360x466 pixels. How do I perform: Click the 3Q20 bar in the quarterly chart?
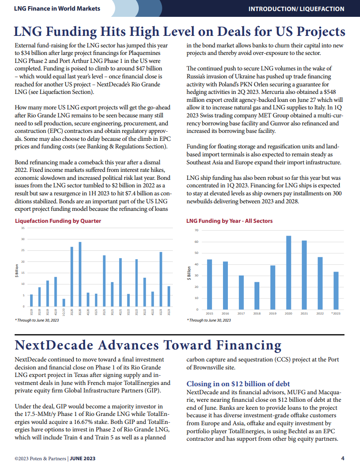(80, 274)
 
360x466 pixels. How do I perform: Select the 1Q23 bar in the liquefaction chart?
(161, 279)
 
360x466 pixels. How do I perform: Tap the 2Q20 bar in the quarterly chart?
(72, 276)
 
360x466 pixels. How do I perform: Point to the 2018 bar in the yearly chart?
(257, 295)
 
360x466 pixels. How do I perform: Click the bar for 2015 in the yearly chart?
(209, 284)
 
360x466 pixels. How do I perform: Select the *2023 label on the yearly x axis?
(336, 313)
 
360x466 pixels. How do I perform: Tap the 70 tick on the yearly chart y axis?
(196, 231)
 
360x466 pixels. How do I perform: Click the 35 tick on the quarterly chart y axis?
(23, 228)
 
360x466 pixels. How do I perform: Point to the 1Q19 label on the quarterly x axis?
(31, 312)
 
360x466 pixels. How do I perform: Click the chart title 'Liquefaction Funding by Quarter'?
(58, 221)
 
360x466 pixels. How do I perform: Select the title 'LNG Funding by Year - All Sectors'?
(229, 221)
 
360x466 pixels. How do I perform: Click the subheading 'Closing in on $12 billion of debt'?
(238, 384)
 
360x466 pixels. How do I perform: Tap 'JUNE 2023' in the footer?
(83, 458)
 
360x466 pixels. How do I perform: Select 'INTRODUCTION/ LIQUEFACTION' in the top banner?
(296, 8)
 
